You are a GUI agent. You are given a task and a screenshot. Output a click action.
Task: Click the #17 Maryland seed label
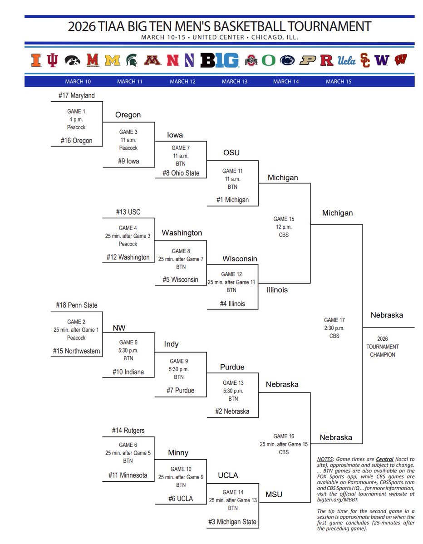tap(77, 95)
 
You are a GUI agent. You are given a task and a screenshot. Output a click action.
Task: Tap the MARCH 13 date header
tap(235, 82)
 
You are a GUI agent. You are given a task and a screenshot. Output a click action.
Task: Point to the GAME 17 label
tap(335, 320)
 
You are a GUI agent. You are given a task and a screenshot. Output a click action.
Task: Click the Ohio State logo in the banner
tap(251, 60)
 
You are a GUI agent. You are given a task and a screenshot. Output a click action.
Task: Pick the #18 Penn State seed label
tap(77, 305)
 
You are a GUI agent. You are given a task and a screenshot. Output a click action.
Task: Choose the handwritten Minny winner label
tap(178, 453)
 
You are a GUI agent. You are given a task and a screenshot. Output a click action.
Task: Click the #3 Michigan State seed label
tap(232, 522)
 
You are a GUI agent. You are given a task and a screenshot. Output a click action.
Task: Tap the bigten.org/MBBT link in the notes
tap(337, 500)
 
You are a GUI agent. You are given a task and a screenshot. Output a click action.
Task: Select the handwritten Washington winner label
tap(182, 233)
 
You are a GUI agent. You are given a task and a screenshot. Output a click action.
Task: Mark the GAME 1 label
tap(77, 111)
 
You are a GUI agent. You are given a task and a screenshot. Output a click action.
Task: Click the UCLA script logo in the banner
tap(347, 60)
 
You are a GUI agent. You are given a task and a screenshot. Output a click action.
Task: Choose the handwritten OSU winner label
tap(231, 152)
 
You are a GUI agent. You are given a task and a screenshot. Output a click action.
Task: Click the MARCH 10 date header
tap(78, 82)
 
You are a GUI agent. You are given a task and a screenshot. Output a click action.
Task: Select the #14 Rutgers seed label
tap(128, 431)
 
